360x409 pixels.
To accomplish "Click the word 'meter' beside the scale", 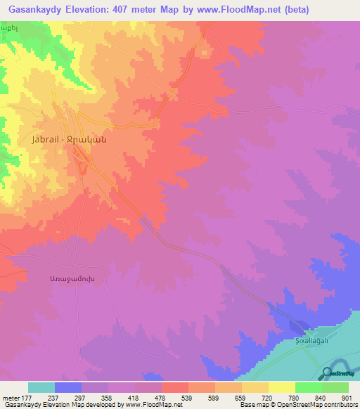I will click(x=9, y=397).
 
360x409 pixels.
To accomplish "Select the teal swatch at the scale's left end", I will click(x=41, y=387).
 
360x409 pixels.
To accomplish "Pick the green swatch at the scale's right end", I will click(x=335, y=387).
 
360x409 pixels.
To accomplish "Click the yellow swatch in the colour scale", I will click(x=282, y=387).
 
